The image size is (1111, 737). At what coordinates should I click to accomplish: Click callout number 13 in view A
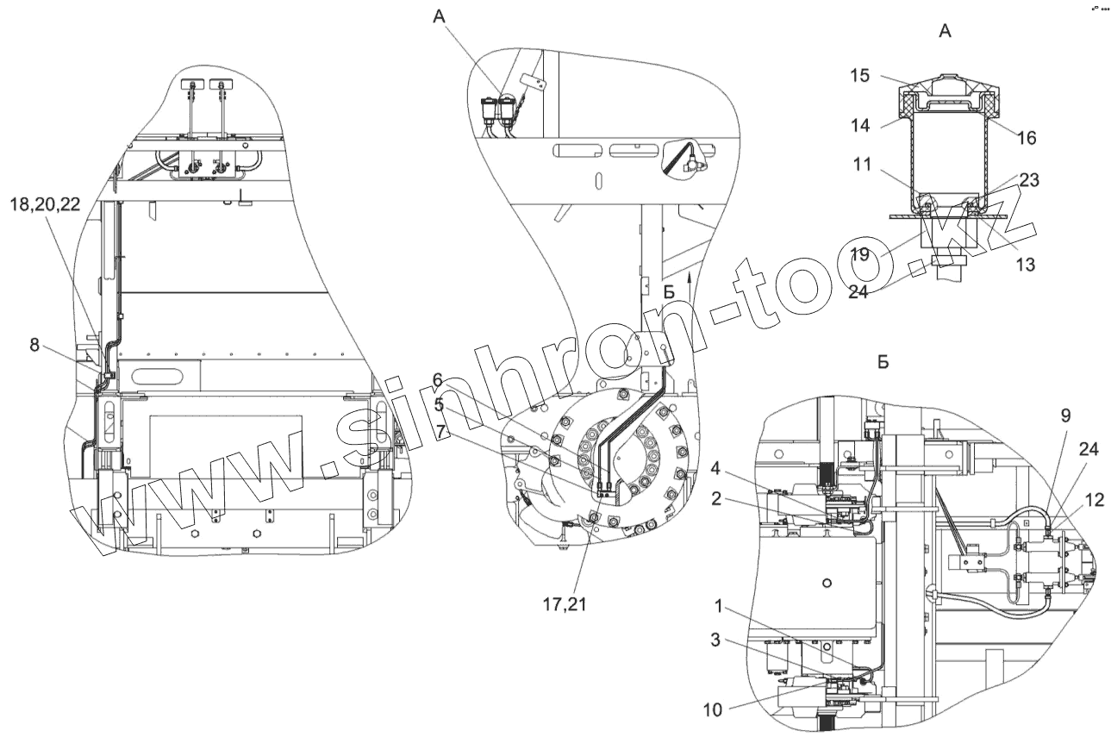1025,264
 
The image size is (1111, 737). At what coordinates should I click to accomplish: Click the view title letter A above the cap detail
944,31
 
